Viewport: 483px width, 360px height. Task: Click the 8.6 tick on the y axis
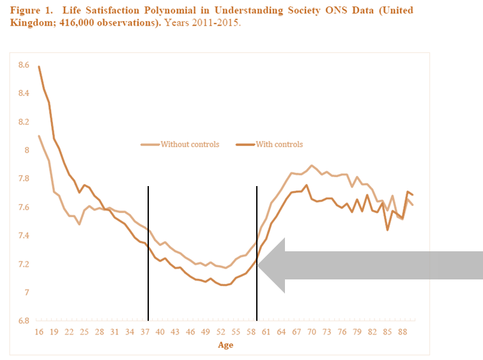(24, 65)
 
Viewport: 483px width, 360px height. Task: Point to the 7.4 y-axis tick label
(24, 236)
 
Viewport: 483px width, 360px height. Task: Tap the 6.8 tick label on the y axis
(24, 321)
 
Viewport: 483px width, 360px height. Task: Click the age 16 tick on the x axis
(38, 333)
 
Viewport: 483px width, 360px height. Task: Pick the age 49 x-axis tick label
(206, 333)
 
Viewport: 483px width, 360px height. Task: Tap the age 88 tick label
(403, 333)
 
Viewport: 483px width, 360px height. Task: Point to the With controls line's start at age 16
(39, 67)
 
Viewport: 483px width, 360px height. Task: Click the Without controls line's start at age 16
(39, 136)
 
